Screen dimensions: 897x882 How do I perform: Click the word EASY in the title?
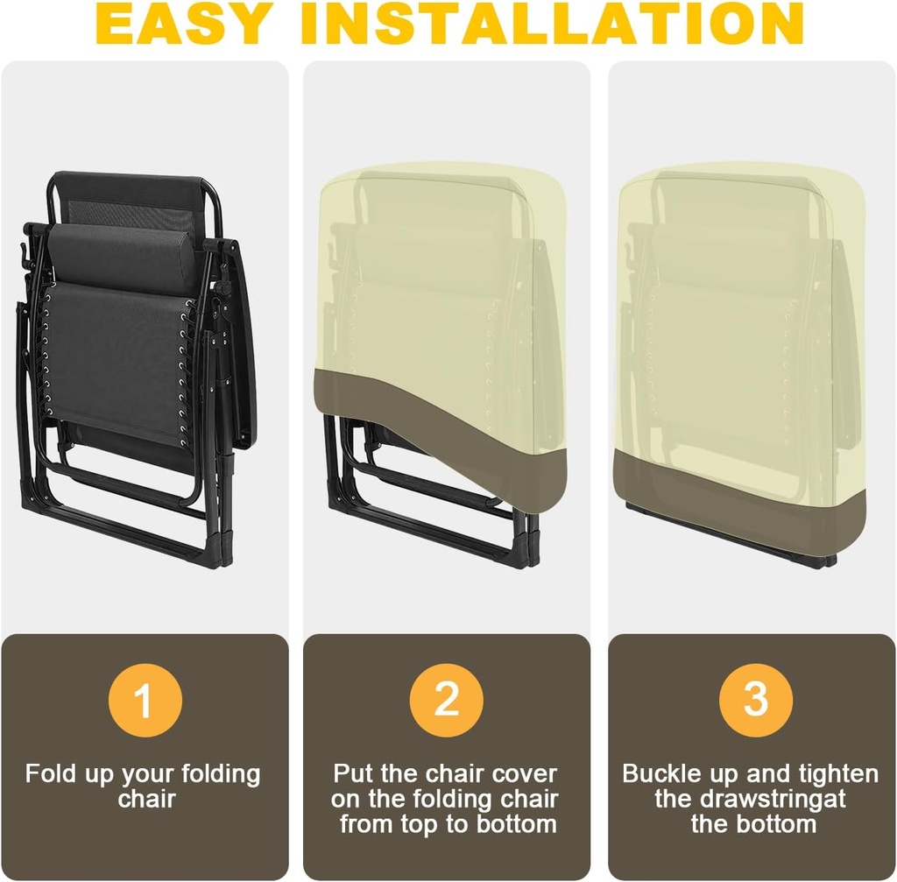click(183, 23)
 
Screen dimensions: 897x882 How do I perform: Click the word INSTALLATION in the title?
click(554, 23)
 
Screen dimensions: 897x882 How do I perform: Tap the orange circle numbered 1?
click(145, 700)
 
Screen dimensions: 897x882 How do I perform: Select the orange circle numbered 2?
click(446, 700)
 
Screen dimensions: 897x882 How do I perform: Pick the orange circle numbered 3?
click(756, 700)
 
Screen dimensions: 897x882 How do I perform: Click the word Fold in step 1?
click(50, 773)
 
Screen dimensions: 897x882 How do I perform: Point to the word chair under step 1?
click(146, 799)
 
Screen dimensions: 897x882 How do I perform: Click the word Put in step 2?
click(354, 773)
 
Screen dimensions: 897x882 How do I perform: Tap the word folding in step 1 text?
click(221, 774)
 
